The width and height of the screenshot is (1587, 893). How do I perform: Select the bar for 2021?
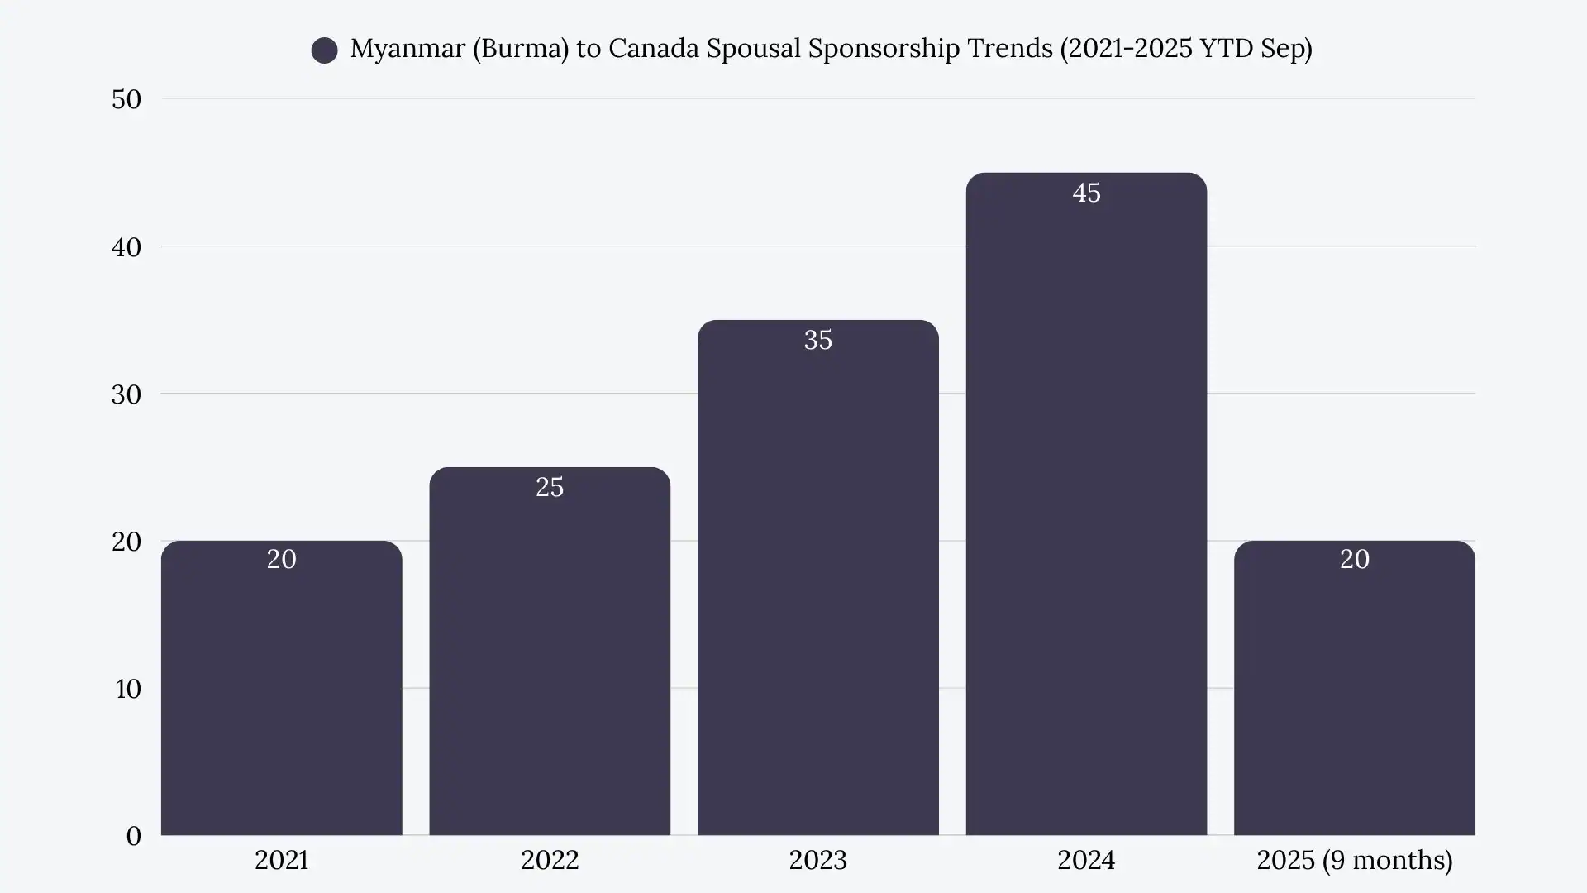point(281,695)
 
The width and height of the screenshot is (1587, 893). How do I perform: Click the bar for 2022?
point(550,661)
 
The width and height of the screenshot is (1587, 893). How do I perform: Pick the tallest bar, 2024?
point(1086,513)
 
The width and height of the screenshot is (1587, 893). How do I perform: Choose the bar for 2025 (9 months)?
point(1354,695)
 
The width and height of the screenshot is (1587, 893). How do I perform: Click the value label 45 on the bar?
point(1086,193)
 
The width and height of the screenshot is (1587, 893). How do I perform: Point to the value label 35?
point(817,340)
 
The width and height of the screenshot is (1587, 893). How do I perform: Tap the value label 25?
point(550,487)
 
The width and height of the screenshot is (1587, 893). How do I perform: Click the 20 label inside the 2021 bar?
point(281,559)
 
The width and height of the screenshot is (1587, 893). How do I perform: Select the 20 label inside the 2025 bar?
point(1354,559)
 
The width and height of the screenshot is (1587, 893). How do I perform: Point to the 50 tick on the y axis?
point(126,99)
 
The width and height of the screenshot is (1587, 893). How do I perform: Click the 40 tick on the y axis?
point(126,246)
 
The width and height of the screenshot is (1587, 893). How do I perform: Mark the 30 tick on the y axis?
point(126,394)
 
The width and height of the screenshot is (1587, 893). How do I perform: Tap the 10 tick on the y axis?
point(128,688)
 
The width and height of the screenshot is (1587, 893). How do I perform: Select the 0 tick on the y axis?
point(134,835)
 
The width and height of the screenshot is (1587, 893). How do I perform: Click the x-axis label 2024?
point(1086,860)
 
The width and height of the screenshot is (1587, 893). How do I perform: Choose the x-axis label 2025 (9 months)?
point(1354,860)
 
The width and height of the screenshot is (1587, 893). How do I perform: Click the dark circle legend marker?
point(324,50)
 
